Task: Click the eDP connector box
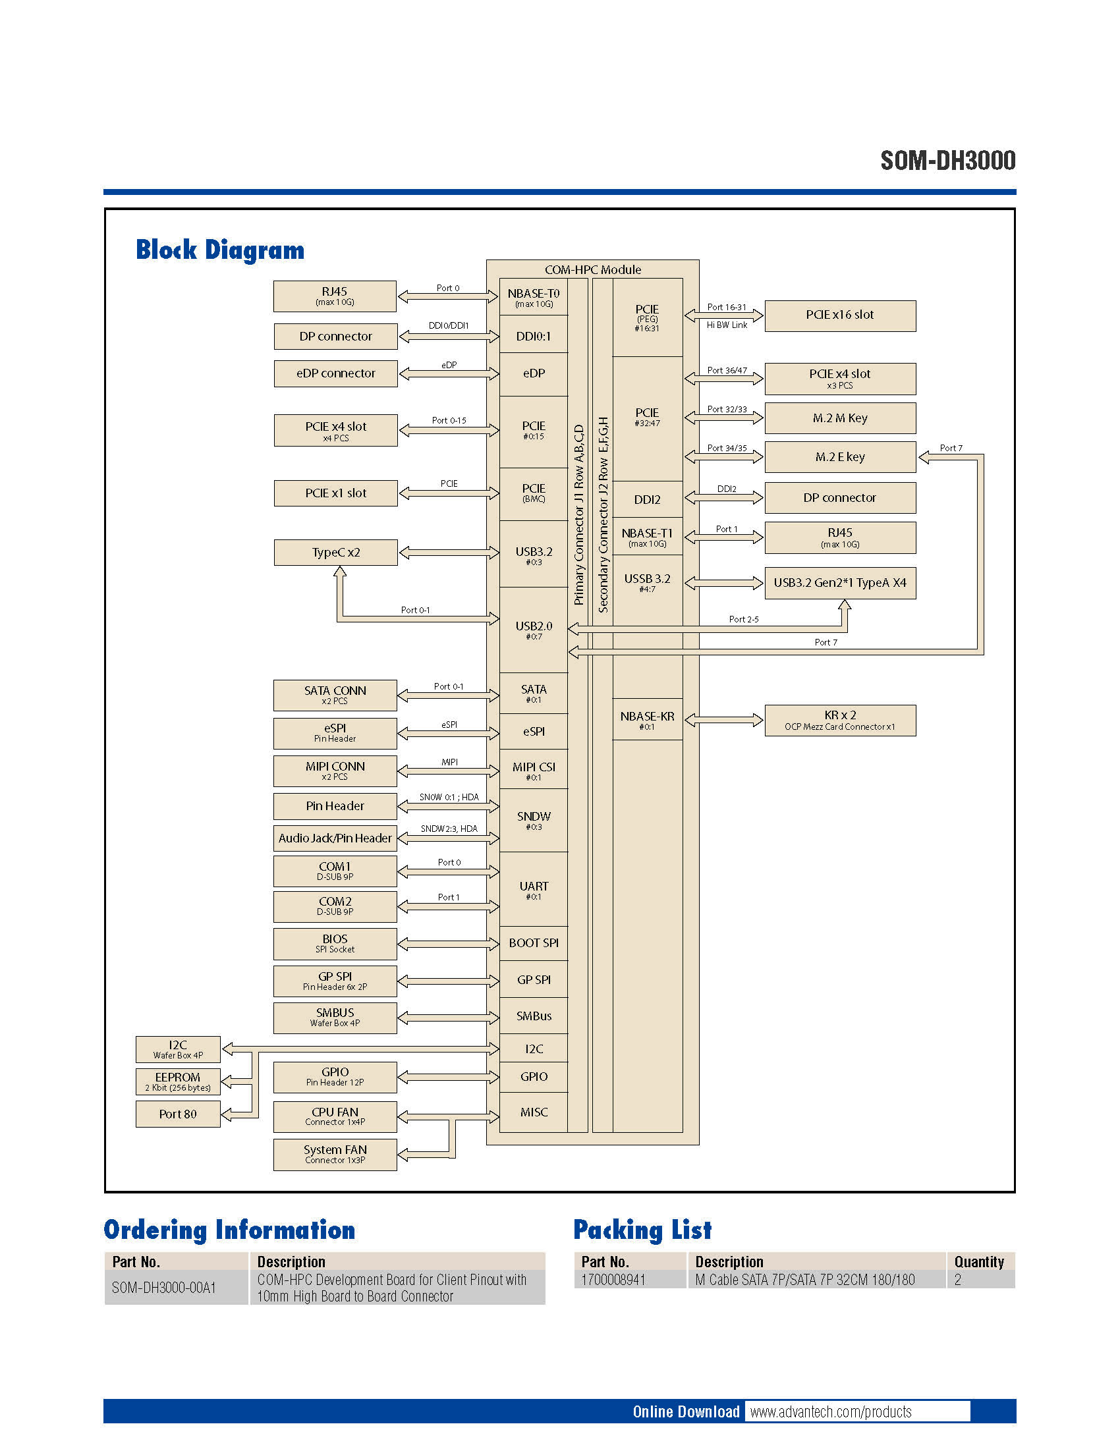tap(335, 373)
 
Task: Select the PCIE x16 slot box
tap(839, 315)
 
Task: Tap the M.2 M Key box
tap(839, 419)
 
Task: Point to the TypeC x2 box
tap(335, 553)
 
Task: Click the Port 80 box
tap(178, 1114)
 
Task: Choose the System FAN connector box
tap(335, 1155)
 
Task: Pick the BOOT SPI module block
tap(534, 943)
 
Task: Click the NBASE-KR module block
tap(647, 720)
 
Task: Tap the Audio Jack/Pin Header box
tap(335, 838)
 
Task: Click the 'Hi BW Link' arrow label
tap(727, 325)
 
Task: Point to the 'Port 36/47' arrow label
tap(727, 370)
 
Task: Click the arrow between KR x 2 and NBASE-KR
tap(724, 720)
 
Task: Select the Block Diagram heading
tap(219, 250)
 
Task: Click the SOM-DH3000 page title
tap(947, 161)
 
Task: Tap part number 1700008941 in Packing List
tap(613, 1280)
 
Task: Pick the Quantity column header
tap(978, 1262)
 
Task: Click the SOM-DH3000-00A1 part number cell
tap(164, 1288)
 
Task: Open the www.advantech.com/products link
tap(831, 1412)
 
